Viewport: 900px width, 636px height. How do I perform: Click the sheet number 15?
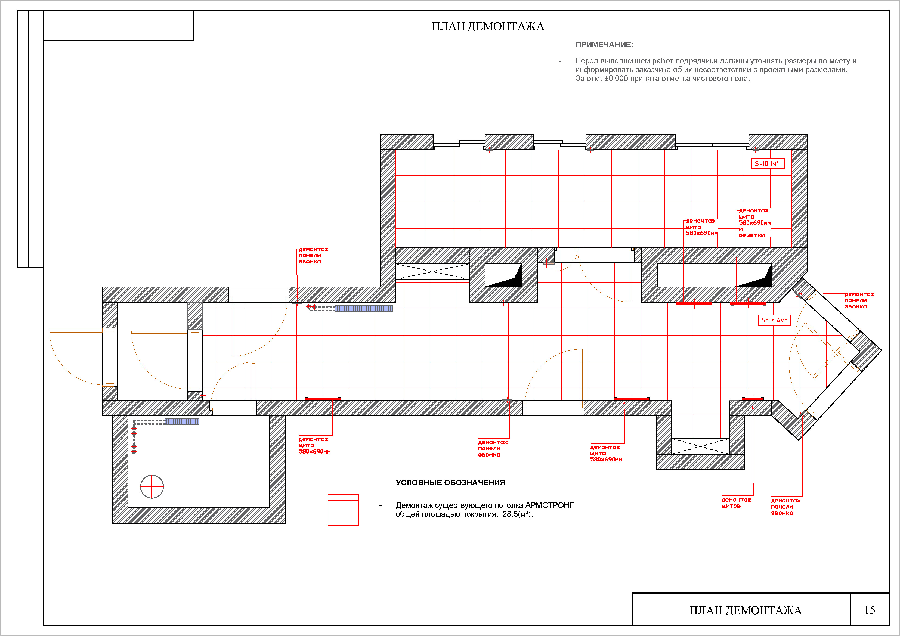(x=870, y=610)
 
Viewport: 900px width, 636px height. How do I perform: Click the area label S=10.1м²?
(x=768, y=163)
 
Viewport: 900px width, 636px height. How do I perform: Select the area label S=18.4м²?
(x=774, y=320)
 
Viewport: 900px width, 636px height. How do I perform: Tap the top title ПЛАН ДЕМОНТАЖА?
(x=489, y=27)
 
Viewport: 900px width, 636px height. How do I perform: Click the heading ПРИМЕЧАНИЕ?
(x=604, y=45)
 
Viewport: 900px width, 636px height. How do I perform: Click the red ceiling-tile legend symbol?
(x=343, y=510)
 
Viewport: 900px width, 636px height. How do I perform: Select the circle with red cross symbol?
(x=152, y=487)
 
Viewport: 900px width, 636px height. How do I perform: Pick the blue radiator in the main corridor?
(x=364, y=309)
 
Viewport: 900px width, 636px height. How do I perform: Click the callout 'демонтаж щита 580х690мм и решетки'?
(x=754, y=223)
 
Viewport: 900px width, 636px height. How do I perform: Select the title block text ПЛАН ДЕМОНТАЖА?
(x=746, y=610)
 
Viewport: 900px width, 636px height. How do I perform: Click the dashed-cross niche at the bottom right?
(x=700, y=446)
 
